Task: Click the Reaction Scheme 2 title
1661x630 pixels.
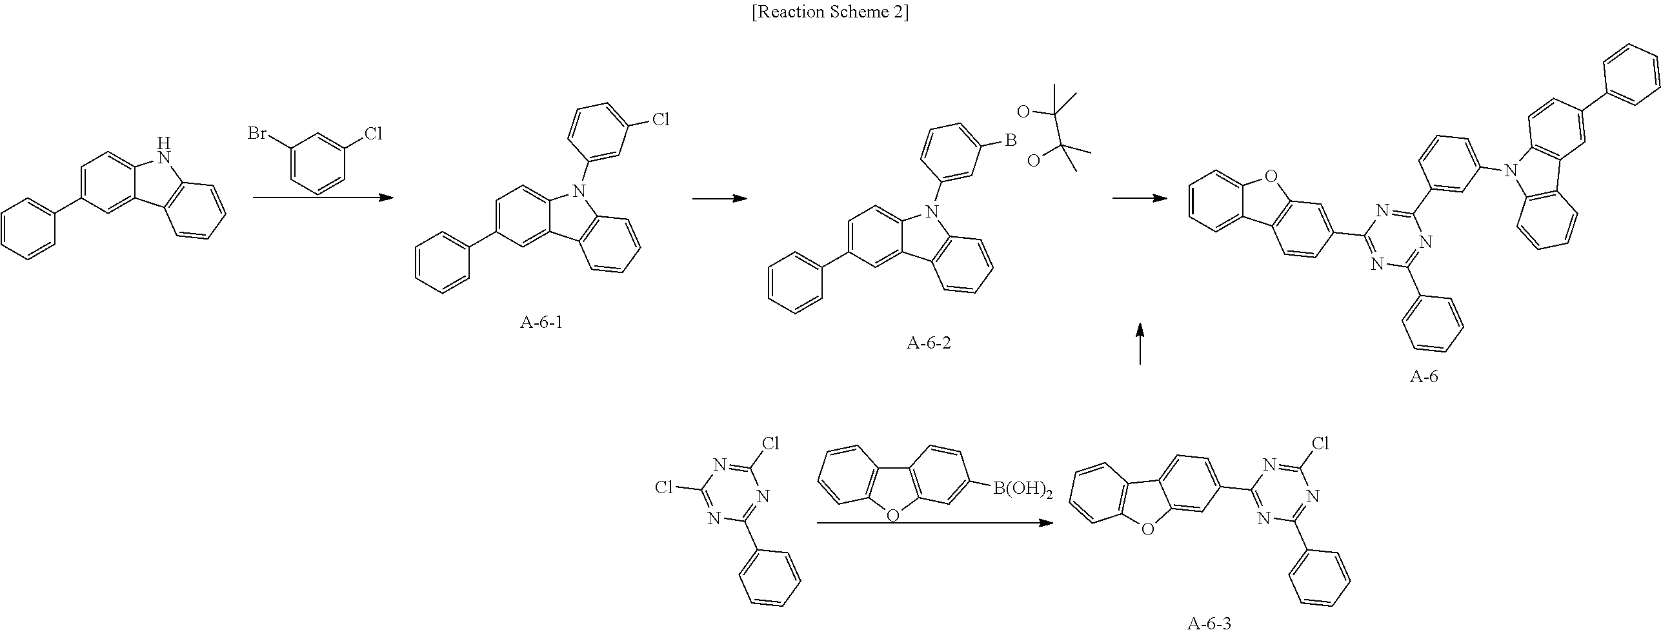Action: (830, 13)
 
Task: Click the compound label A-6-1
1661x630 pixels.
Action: (541, 322)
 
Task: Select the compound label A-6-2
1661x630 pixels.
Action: (929, 343)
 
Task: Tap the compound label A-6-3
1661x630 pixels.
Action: (1209, 623)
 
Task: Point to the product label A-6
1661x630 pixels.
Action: (1424, 377)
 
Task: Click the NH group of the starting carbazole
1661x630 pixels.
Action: (165, 149)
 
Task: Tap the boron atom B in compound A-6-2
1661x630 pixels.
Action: (1011, 140)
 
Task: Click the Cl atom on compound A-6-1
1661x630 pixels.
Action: (660, 119)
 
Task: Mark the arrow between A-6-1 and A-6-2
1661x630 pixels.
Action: (720, 198)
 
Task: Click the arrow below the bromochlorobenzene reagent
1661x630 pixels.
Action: (323, 197)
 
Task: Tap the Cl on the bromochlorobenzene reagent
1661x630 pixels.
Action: (373, 134)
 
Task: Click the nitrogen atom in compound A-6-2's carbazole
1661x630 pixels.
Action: (930, 211)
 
